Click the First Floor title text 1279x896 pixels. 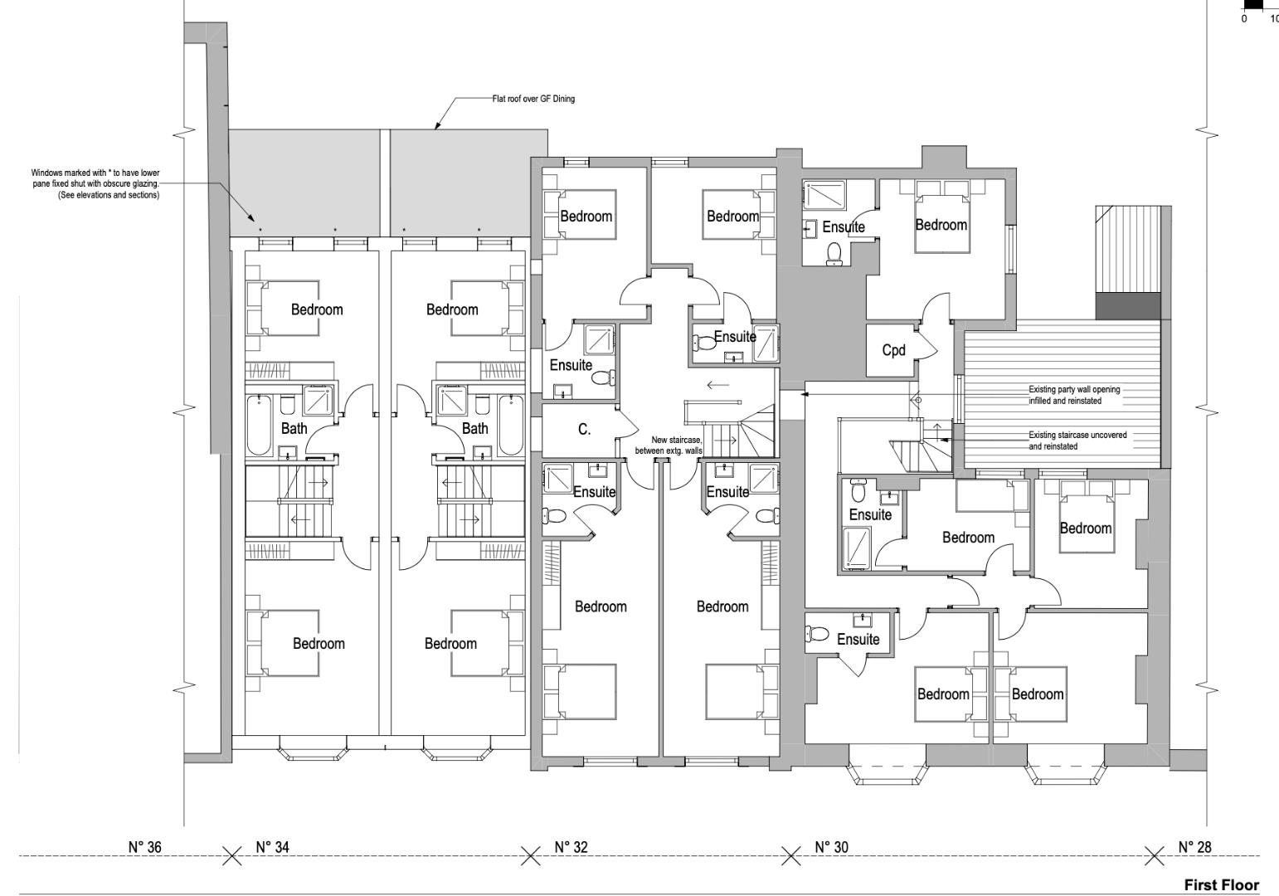point(1221,885)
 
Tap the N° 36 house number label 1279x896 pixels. point(145,847)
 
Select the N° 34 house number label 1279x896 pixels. point(272,847)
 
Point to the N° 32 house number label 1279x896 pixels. point(571,847)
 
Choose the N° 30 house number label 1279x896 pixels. point(831,847)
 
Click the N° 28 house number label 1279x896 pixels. point(1195,847)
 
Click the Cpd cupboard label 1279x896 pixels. point(893,350)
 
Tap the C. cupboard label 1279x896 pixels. point(584,430)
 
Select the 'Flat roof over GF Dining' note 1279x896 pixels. point(533,99)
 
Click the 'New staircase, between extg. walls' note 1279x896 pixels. point(669,446)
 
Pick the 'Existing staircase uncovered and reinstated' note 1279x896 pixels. point(1077,441)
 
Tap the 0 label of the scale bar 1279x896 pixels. point(1244,19)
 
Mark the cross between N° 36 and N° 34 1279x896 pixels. point(231,856)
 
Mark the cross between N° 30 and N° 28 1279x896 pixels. point(1154,856)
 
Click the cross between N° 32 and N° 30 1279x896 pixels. point(790,856)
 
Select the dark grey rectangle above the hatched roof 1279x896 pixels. point(1128,306)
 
